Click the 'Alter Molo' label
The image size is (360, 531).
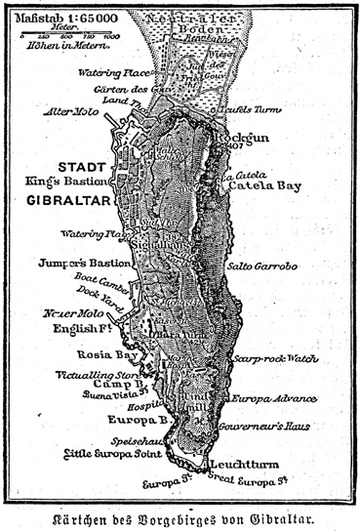[x=65, y=110]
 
